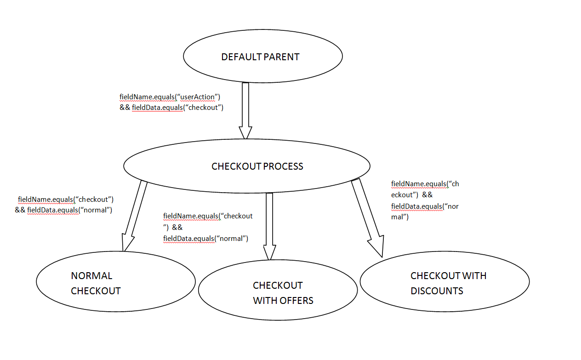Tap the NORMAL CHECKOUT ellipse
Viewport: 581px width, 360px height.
point(116,283)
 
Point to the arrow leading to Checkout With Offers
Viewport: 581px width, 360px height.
point(269,221)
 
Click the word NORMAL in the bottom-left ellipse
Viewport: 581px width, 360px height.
point(91,276)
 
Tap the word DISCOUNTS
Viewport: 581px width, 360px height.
point(437,291)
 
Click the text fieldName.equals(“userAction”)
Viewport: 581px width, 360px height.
point(170,97)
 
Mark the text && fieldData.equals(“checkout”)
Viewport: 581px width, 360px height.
point(171,108)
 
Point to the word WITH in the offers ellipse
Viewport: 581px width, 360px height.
point(263,301)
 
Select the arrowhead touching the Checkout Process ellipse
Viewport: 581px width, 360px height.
point(245,132)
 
